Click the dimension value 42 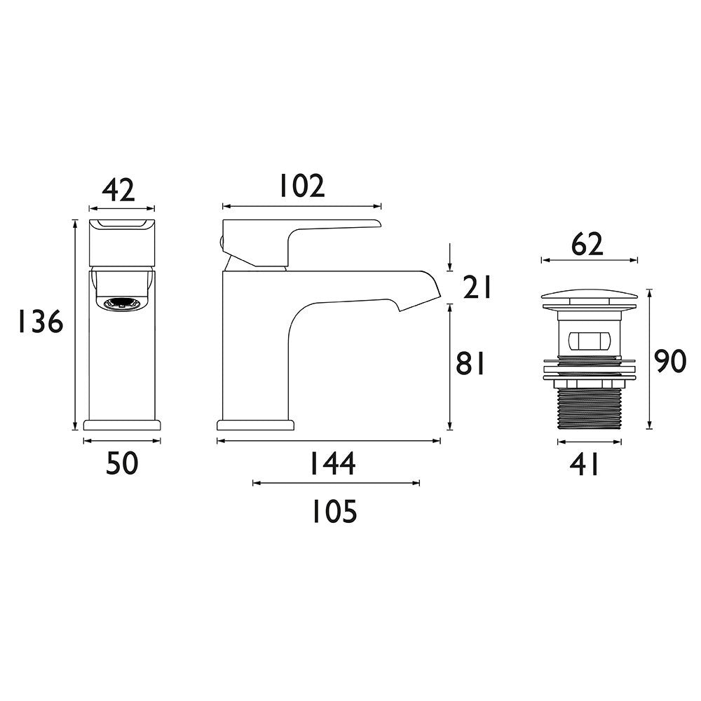tap(118, 190)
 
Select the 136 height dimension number tap(41, 322)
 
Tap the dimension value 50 tap(123, 463)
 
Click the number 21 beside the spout tap(477, 287)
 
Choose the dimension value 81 tap(470, 364)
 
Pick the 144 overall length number tap(332, 463)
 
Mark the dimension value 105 tap(334, 512)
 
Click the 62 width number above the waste tap(587, 244)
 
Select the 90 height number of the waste tap(669, 362)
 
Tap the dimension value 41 tap(585, 464)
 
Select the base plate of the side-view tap tap(255, 425)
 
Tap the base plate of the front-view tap tap(122, 424)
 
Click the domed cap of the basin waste tap(590, 297)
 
